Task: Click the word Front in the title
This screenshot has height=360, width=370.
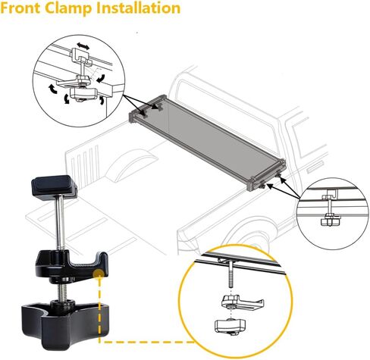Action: pyautogui.click(x=21, y=8)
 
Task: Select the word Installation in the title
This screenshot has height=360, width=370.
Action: pyautogui.click(x=139, y=8)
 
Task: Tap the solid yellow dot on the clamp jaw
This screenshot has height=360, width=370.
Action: pyautogui.click(x=99, y=274)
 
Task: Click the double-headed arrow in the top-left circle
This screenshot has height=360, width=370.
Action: pyautogui.click(x=83, y=46)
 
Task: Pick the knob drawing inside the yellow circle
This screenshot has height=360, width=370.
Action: pyautogui.click(x=230, y=327)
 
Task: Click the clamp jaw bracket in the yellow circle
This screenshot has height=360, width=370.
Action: pyautogui.click(x=242, y=302)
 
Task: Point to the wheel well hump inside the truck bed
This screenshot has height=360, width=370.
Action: pyautogui.click(x=131, y=164)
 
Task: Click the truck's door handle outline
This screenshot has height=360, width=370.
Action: pyautogui.click(x=315, y=167)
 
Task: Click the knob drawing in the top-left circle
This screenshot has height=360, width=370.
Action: pyautogui.click(x=83, y=93)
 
